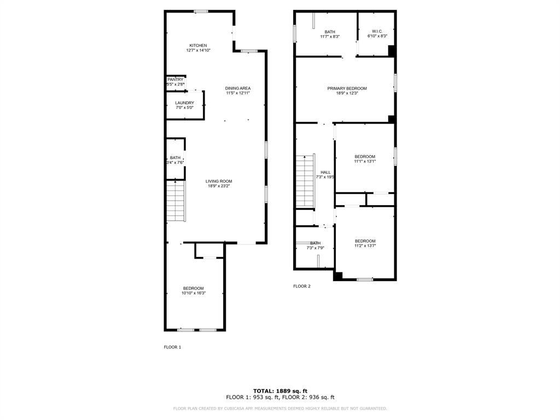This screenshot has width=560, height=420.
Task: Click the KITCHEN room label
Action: (x=198, y=45)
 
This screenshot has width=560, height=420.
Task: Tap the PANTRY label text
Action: (x=176, y=80)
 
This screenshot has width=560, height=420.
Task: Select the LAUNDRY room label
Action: (x=184, y=103)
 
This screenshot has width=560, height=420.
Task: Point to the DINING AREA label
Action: (x=238, y=88)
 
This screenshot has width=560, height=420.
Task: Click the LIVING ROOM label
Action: (x=219, y=182)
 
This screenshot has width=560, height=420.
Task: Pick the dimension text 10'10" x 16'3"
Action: (x=194, y=293)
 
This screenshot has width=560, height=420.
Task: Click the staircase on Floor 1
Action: (x=176, y=202)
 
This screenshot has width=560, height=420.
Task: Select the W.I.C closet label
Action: (x=376, y=31)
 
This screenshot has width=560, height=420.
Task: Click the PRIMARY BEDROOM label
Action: (x=347, y=88)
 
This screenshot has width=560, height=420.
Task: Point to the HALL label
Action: (x=325, y=172)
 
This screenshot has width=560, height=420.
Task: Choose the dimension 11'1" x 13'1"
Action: (x=365, y=161)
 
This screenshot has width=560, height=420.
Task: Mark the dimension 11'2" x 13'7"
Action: (x=365, y=246)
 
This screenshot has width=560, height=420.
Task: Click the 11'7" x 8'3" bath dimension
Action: (x=330, y=37)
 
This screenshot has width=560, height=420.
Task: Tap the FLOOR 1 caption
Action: (x=172, y=347)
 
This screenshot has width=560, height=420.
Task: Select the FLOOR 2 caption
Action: (x=302, y=286)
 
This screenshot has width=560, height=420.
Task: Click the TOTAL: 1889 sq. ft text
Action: (x=280, y=390)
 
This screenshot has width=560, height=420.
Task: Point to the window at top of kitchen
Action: (x=201, y=11)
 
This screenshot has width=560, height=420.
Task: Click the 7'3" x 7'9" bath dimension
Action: (x=316, y=248)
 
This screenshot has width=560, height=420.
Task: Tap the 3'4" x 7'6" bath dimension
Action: (x=175, y=162)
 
